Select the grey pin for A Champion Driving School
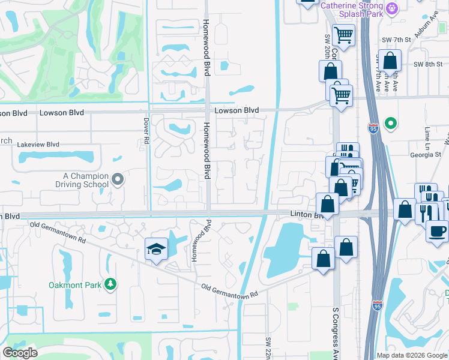tap(118, 179)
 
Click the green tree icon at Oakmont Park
tap(110, 284)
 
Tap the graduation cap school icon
tap(156, 248)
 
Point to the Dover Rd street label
tap(146, 130)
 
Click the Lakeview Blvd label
tap(38, 145)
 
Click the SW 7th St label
tap(399, 40)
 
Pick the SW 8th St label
tap(427, 64)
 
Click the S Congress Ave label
tap(336, 333)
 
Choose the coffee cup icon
tap(437, 230)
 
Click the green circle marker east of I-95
tap(391, 124)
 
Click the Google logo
tap(20, 353)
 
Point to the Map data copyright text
tap(411, 355)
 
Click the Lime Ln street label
tap(428, 134)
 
